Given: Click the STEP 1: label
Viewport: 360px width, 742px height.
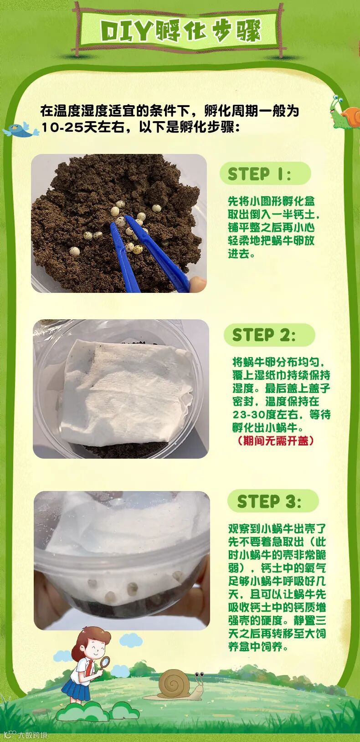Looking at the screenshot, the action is pyautogui.click(x=259, y=174).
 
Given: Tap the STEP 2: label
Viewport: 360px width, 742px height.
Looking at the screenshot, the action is pyautogui.click(x=263, y=335).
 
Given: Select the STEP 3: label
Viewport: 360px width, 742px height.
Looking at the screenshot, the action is pyautogui.click(x=269, y=501).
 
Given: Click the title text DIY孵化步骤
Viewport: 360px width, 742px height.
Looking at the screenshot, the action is pyautogui.click(x=181, y=31).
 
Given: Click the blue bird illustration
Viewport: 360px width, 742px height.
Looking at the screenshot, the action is pyautogui.click(x=21, y=129).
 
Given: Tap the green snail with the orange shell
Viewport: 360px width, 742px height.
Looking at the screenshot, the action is pyautogui.click(x=345, y=112).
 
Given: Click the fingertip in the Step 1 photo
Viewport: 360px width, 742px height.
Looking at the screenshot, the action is pyautogui.click(x=198, y=284).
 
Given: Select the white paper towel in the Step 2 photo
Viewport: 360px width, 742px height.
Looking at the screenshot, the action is pyautogui.click(x=126, y=391).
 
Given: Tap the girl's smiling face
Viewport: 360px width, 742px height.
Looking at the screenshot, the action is pyautogui.click(x=95, y=649).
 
